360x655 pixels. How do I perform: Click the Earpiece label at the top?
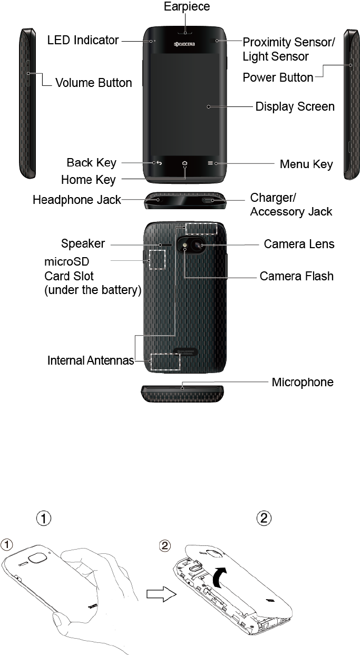187,7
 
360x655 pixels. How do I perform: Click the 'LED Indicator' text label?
83,40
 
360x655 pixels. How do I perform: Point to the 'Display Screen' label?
295,106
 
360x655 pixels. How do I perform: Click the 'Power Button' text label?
278,77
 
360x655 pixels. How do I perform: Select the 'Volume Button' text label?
93,83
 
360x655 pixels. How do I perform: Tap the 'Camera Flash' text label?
296,276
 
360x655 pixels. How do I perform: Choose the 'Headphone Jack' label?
76,200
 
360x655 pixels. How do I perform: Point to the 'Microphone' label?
302,382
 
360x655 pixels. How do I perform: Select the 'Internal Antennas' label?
90,361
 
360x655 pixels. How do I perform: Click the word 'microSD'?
66,262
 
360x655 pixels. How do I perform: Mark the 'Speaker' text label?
83,243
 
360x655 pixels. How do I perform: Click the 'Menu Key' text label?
306,164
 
